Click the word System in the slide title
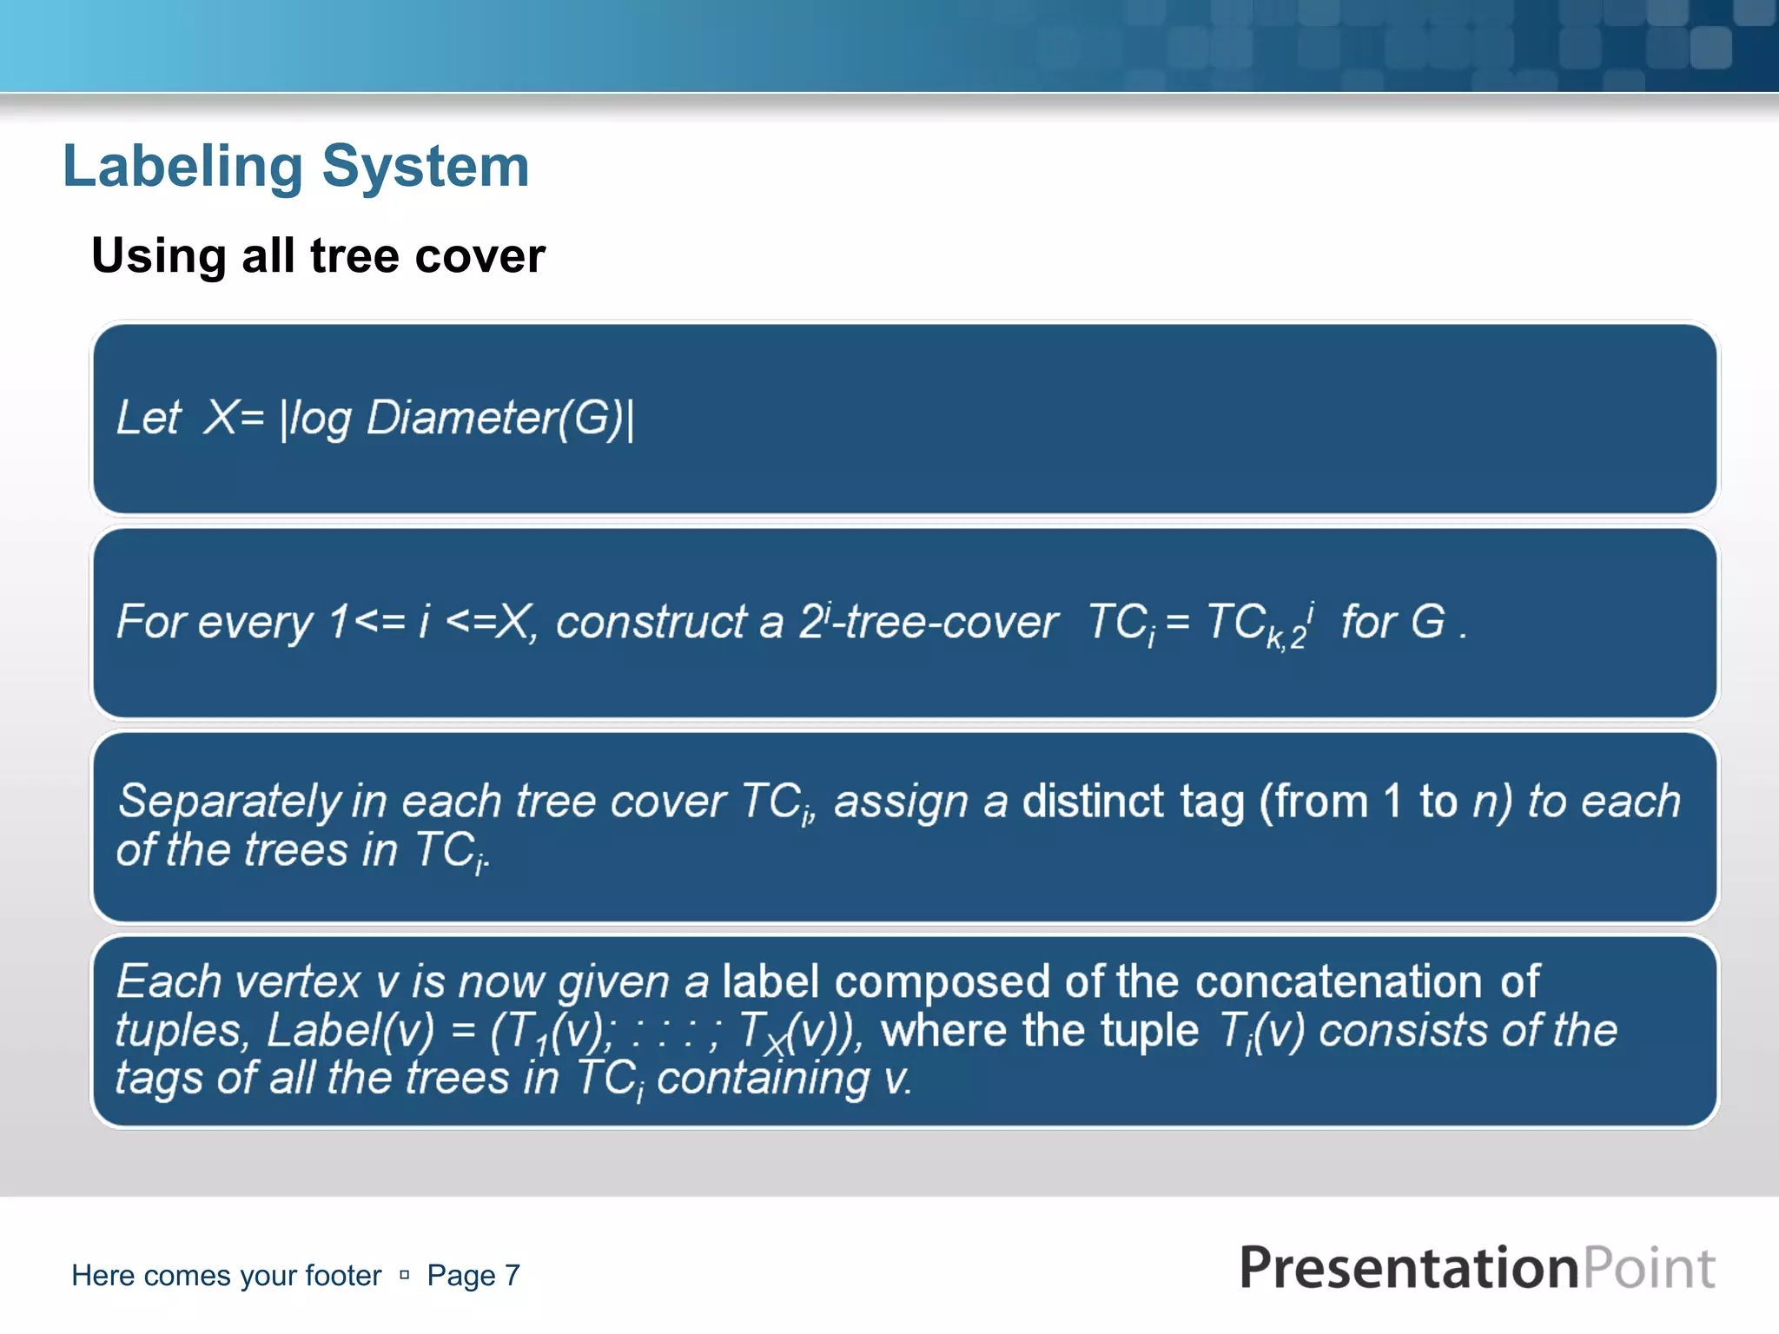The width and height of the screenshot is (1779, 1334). (425, 167)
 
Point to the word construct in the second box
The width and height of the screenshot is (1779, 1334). (651, 623)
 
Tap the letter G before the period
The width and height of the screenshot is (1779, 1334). (1428, 622)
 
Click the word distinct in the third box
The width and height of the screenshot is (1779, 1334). (1092, 801)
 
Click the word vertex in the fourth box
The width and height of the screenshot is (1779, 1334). (297, 982)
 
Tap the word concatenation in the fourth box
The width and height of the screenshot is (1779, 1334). (1338, 982)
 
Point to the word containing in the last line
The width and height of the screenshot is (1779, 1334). (762, 1080)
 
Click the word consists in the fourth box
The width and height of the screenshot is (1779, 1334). (1404, 1031)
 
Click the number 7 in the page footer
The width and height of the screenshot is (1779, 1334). (513, 1275)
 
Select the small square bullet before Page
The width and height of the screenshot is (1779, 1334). (404, 1275)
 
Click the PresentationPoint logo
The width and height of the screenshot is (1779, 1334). (1477, 1268)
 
